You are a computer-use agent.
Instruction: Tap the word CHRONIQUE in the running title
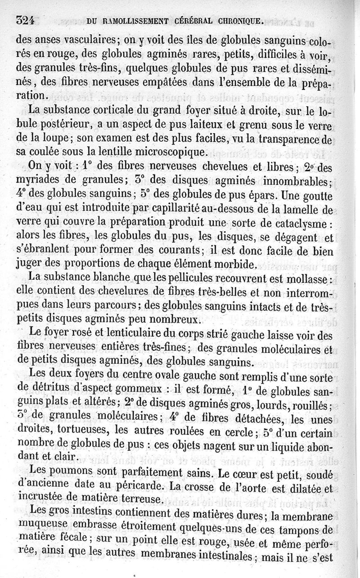pyautogui.click(x=235, y=20)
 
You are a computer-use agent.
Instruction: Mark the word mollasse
pyautogui.click(x=305, y=279)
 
